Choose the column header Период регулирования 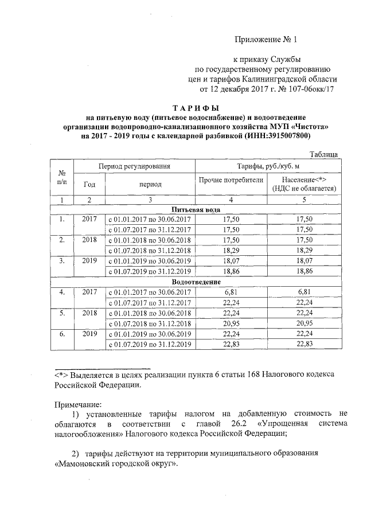(x=135, y=166)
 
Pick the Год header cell (x=89, y=184)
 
